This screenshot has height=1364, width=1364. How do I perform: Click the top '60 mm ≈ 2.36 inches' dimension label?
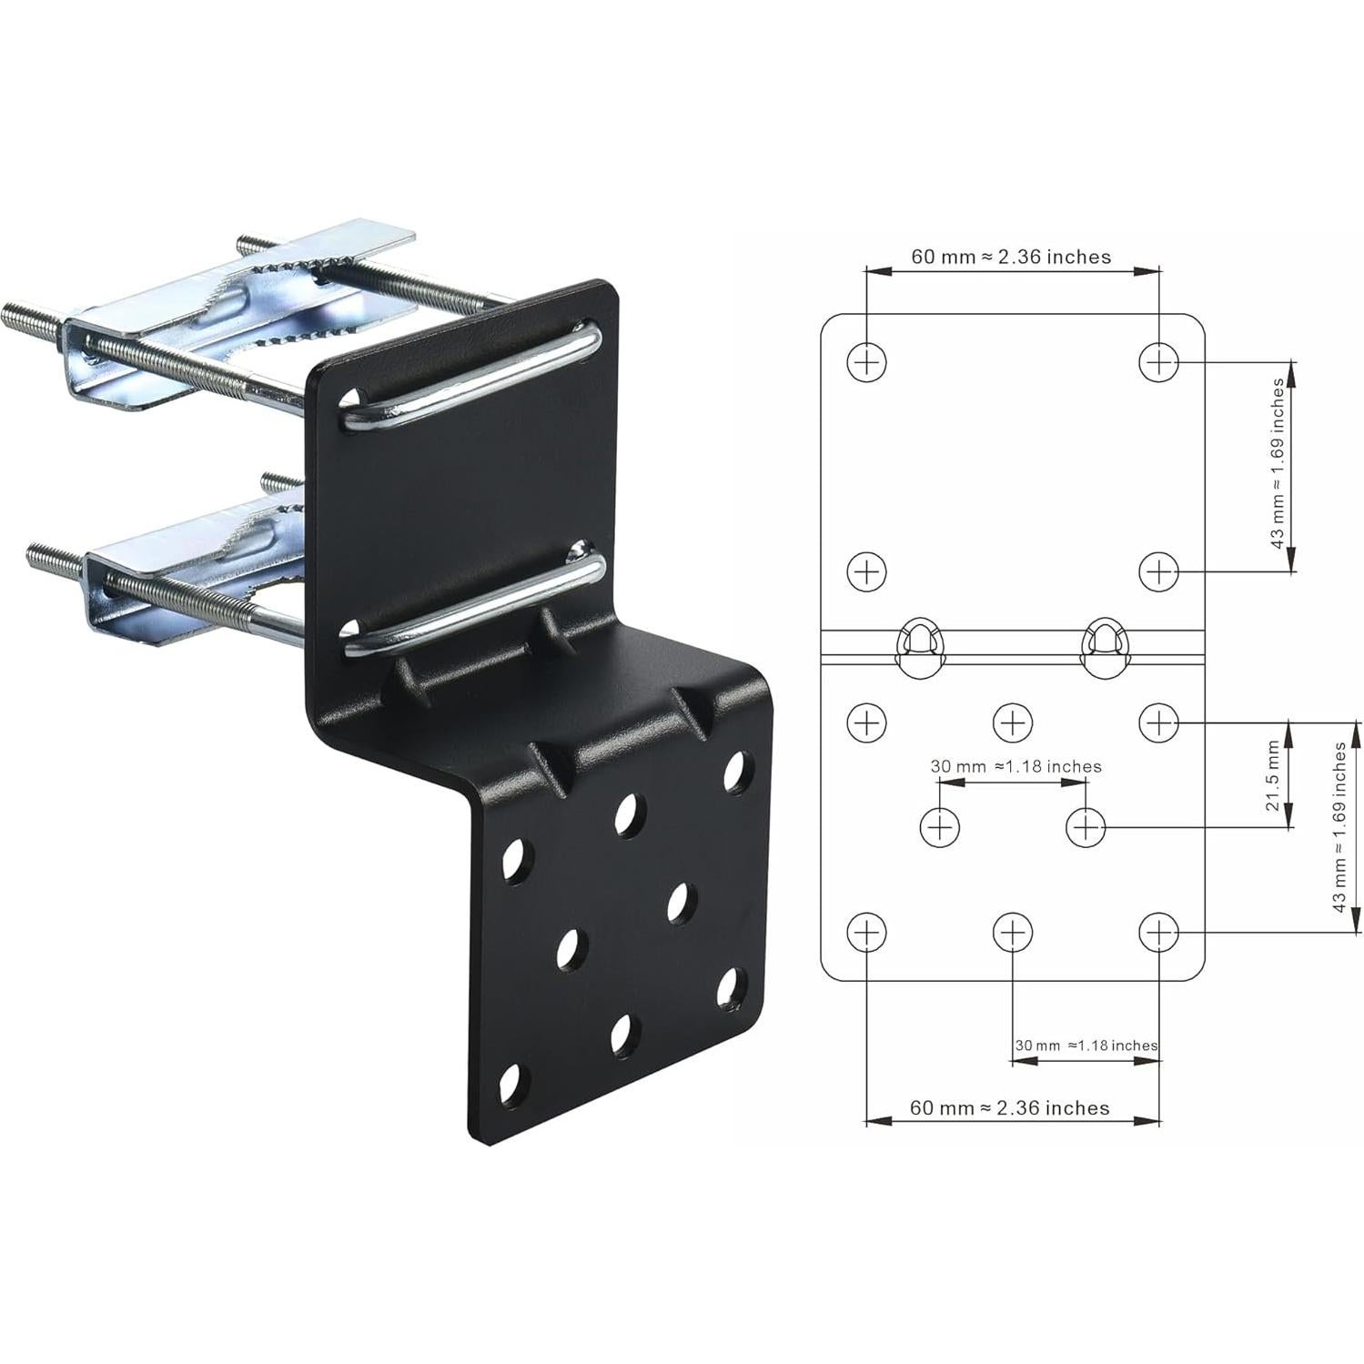point(1011,258)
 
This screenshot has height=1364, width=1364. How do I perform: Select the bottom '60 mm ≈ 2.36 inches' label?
point(1009,1107)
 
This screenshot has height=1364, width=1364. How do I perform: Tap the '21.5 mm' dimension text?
point(1273,775)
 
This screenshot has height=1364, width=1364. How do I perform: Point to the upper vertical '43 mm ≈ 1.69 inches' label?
point(1278,464)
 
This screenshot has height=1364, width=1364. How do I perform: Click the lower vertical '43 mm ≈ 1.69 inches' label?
point(1339,826)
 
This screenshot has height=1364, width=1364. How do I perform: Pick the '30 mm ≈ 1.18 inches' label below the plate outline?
point(1086,1046)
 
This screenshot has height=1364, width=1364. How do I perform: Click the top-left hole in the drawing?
point(866,362)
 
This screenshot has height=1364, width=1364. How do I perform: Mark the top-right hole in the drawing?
point(1158,362)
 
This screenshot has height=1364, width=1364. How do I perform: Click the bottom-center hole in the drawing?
point(1012,932)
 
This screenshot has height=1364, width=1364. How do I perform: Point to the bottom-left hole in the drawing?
point(866,932)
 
